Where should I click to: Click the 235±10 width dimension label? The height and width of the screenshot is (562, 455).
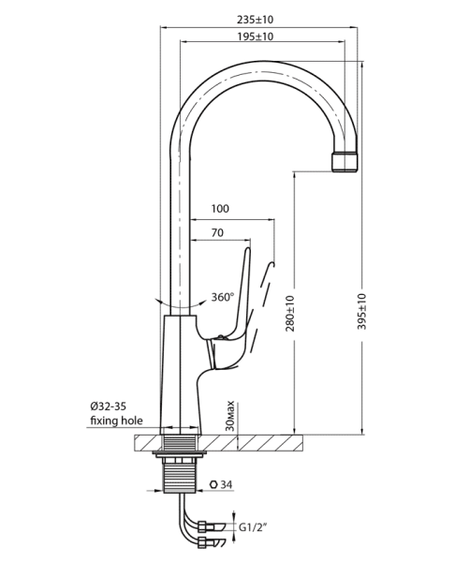(x=255, y=20)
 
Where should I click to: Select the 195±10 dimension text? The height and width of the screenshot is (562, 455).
(x=255, y=37)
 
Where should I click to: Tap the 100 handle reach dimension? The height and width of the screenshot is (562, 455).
(x=220, y=208)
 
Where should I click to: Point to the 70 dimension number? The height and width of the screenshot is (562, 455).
(x=217, y=232)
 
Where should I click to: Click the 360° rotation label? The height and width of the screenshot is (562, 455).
(x=222, y=297)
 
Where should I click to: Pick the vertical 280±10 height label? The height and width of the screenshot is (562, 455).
(x=290, y=313)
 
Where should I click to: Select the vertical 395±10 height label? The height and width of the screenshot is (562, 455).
(x=362, y=312)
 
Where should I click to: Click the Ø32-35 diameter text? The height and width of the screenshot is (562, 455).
(x=109, y=407)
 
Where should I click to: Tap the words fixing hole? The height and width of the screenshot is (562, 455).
(x=116, y=420)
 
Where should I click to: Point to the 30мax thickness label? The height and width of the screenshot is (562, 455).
(x=230, y=416)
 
